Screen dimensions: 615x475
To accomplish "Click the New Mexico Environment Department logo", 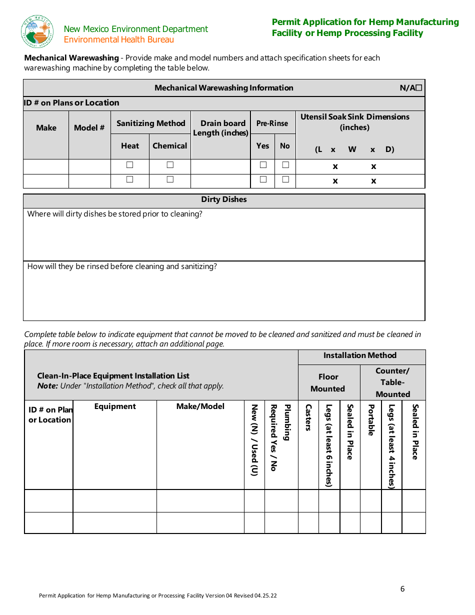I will tap(37, 31).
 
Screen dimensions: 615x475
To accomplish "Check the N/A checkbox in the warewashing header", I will tap(418, 88).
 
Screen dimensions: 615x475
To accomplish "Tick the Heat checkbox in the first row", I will tap(130, 165).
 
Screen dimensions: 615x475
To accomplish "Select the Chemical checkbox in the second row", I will tap(170, 179).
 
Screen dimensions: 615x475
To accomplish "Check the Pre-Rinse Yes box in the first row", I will tap(263, 165).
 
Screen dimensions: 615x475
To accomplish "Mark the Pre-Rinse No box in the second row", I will tap(285, 179).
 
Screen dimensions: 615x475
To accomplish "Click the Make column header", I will tap(46, 128).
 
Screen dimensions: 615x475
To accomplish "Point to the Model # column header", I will tap(89, 128).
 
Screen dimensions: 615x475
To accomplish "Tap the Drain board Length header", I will tap(220, 128).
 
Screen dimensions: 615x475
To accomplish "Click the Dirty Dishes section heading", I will tap(224, 199).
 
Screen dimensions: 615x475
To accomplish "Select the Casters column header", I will tap(308, 417).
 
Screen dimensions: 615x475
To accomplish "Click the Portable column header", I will tap(371, 420).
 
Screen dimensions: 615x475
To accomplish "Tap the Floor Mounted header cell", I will tap(328, 382).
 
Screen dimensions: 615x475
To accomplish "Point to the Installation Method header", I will tap(360, 355).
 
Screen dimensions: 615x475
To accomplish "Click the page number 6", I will tap(402, 588).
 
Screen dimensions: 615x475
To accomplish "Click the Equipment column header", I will tap(115, 406).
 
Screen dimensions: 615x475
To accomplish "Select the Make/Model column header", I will tap(200, 406).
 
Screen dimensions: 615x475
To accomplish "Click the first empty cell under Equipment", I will tap(115, 500).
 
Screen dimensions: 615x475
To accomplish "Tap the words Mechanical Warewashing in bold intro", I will tap(71, 58).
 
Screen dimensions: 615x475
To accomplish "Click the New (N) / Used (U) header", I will tap(254, 440).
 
